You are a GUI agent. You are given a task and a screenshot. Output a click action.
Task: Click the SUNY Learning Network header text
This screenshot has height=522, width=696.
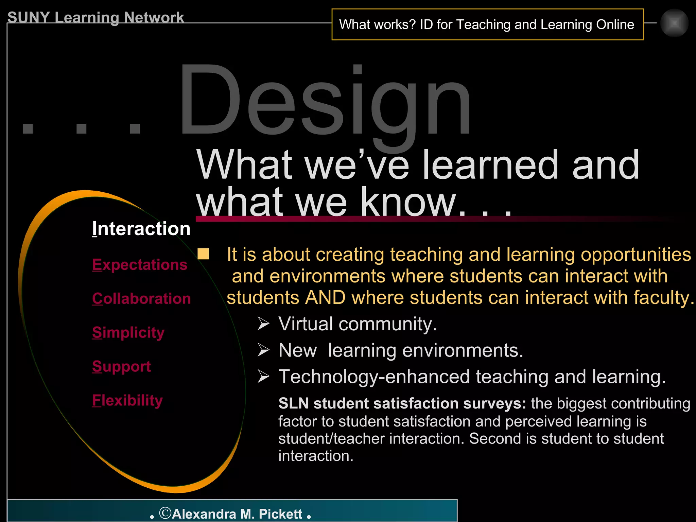pos(95,18)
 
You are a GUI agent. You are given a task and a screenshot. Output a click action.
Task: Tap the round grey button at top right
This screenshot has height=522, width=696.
pos(674,23)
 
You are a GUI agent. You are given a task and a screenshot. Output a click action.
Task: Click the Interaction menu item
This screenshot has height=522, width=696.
pos(141,229)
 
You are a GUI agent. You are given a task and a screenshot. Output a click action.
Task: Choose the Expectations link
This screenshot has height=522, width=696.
pos(140,265)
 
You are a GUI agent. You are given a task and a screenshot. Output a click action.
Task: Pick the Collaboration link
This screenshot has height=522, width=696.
pos(141,299)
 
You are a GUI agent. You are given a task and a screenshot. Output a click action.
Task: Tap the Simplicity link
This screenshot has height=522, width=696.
pos(128,333)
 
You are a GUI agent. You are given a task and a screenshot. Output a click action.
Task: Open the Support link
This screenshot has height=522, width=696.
pos(121,367)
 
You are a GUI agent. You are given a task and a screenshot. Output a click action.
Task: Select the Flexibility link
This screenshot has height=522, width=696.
pos(127,401)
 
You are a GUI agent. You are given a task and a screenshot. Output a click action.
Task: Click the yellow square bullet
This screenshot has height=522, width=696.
pos(203,254)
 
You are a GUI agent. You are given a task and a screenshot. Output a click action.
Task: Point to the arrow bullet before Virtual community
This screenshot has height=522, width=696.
pos(263,324)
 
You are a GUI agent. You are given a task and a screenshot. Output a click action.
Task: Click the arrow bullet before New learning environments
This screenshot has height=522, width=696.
pos(263,350)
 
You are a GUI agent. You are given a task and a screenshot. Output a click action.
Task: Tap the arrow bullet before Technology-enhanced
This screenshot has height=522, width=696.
pos(263,377)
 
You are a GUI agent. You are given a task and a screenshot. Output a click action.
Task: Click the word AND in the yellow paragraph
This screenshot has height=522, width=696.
pos(325,298)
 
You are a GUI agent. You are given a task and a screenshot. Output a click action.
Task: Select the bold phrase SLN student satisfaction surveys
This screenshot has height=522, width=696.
pos(402,404)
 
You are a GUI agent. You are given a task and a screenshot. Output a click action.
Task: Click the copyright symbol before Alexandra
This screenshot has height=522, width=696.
pos(165,513)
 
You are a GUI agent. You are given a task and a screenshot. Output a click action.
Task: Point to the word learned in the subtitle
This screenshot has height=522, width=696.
pos(490,165)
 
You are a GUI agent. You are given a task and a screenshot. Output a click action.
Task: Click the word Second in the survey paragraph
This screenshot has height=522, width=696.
pos(495,439)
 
